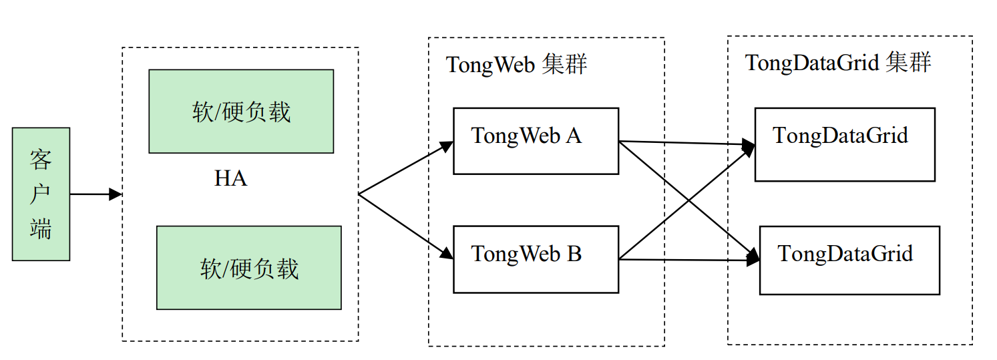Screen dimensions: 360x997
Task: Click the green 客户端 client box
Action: pyautogui.click(x=41, y=194)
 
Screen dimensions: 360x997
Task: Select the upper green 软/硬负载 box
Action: pyautogui.click(x=241, y=112)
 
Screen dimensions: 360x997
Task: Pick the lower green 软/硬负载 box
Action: pyautogui.click(x=249, y=268)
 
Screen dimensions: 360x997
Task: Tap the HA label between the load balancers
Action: pyautogui.click(x=230, y=179)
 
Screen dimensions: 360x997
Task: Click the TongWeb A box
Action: pyautogui.click(x=536, y=141)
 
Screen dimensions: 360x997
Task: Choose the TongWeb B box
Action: pyautogui.click(x=536, y=259)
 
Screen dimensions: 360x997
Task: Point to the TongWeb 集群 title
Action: pyautogui.click(x=516, y=65)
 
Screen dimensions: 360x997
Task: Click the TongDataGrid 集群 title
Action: pyautogui.click(x=837, y=63)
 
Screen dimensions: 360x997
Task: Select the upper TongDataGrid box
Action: pyautogui.click(x=845, y=144)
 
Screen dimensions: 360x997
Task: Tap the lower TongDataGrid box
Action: pyautogui.click(x=849, y=260)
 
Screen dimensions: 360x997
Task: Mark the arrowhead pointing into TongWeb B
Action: pyautogui.click(x=447, y=253)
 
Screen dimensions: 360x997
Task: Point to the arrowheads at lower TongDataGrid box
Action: pyautogui.click(x=753, y=258)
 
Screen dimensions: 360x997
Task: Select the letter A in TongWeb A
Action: pyautogui.click(x=574, y=136)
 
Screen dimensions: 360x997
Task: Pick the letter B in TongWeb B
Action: pyautogui.click(x=574, y=254)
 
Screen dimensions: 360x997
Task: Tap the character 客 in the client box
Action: pyautogui.click(x=41, y=160)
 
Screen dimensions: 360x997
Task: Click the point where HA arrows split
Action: pyautogui.click(x=359, y=194)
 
